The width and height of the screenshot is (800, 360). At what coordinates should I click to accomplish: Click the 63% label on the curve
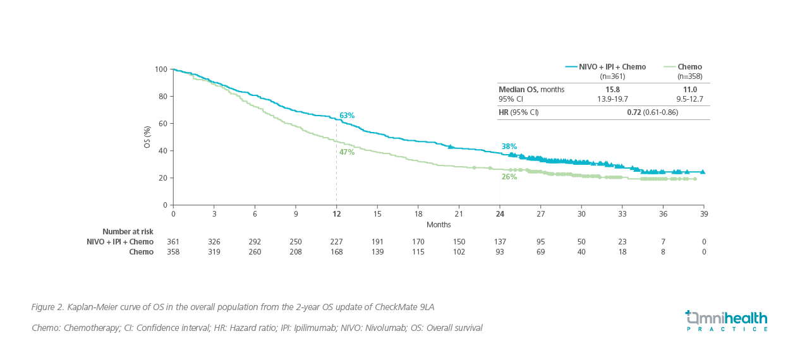click(x=347, y=116)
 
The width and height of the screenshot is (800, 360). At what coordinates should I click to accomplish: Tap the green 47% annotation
click(x=347, y=152)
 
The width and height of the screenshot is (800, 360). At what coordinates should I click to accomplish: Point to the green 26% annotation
click(x=509, y=177)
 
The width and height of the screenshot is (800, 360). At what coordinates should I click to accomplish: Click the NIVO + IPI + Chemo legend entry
click(x=605, y=67)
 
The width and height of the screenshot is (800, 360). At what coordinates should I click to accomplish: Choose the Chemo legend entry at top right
click(x=689, y=67)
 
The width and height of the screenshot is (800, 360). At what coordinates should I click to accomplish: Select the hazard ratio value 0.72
click(x=634, y=112)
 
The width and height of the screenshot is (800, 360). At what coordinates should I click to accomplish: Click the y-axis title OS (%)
click(x=147, y=136)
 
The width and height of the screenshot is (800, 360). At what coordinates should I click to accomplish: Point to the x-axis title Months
click(x=439, y=224)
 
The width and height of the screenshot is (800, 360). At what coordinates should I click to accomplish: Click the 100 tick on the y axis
click(x=161, y=69)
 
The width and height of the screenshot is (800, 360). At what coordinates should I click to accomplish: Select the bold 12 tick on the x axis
click(x=336, y=214)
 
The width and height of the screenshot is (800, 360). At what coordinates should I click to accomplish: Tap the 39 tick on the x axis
click(x=703, y=214)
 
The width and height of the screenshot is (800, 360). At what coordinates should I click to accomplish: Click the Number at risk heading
click(x=128, y=232)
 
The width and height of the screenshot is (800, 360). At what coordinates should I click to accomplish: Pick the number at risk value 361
click(x=173, y=241)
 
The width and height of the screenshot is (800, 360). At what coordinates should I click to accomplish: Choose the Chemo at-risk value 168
click(x=336, y=251)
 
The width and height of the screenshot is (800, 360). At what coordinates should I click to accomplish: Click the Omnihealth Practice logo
click(x=727, y=320)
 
